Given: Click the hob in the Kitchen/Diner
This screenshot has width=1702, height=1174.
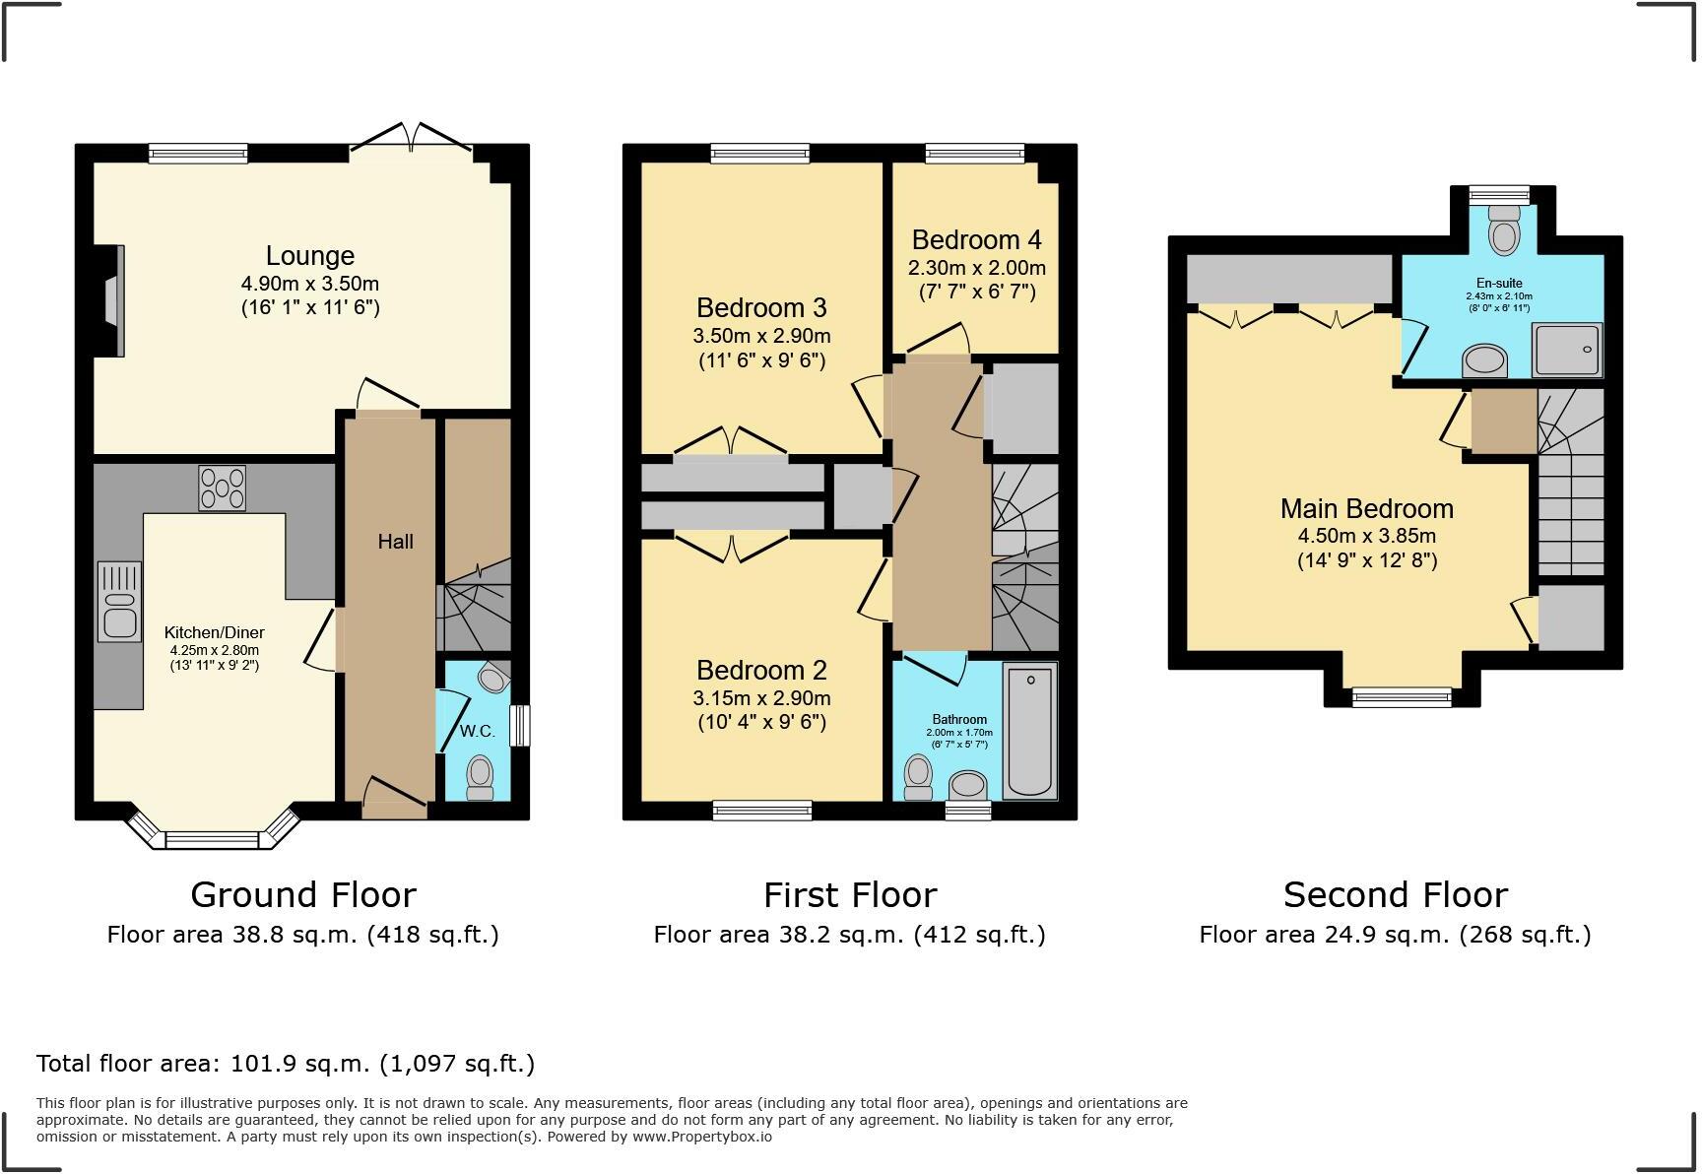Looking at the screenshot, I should [x=223, y=488].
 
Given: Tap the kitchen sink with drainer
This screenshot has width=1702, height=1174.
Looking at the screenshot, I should [x=119, y=602].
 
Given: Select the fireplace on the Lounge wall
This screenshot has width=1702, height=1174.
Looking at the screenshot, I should [x=116, y=300].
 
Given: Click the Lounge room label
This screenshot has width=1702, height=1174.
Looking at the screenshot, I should [x=309, y=256].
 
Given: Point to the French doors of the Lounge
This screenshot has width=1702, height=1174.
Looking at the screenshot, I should [x=412, y=139].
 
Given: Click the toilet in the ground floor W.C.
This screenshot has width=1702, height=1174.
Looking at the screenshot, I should [x=480, y=776].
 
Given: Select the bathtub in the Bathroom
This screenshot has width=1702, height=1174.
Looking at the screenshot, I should [x=1029, y=731].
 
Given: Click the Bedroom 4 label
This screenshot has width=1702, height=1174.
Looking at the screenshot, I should [x=976, y=240].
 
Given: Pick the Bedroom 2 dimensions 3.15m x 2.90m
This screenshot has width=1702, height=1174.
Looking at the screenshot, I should [x=761, y=698].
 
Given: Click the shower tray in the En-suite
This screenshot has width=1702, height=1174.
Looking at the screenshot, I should [x=1567, y=350].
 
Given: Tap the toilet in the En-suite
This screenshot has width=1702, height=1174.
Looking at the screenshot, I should [x=1503, y=232].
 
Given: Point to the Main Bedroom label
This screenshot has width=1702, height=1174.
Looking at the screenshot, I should [x=1366, y=509].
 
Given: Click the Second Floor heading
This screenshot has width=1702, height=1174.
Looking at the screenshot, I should [x=1395, y=895].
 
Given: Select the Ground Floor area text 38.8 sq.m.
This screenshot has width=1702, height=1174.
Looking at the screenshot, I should [x=302, y=935].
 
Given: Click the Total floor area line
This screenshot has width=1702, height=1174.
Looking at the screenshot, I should [x=286, y=1064].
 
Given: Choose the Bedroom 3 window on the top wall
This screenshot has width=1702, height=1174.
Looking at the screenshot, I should [x=759, y=153].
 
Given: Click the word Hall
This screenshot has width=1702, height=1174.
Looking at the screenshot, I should [x=395, y=542].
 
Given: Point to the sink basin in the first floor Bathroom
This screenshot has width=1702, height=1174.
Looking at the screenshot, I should [x=968, y=785].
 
